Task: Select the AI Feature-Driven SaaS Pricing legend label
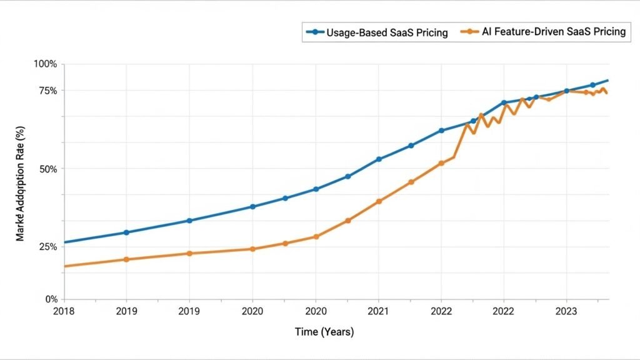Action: tap(553, 32)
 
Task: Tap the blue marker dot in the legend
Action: tap(314, 31)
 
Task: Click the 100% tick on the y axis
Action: tap(45, 64)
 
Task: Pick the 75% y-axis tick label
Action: tap(47, 91)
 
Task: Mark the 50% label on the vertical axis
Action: tap(47, 169)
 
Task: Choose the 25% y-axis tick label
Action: tap(47, 247)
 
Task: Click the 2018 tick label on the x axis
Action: tap(64, 311)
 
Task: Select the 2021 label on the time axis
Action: tap(378, 311)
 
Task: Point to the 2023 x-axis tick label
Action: tap(566, 311)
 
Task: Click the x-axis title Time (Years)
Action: tap(324, 332)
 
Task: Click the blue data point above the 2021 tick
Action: tap(379, 159)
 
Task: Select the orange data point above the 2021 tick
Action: tap(379, 201)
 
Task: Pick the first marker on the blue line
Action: tap(126, 232)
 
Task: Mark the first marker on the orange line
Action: tap(126, 259)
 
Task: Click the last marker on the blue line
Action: tap(592, 85)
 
